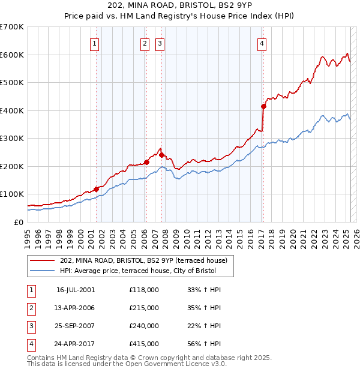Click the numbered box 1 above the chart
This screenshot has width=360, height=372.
(x=95, y=43)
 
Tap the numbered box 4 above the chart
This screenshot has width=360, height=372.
(x=262, y=43)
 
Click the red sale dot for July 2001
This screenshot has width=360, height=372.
(x=96, y=189)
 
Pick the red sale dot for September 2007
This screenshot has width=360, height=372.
(x=161, y=155)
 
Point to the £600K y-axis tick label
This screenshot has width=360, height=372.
(x=11, y=55)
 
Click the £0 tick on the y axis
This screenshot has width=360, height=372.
(x=19, y=222)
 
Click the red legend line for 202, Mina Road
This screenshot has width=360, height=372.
(x=43, y=260)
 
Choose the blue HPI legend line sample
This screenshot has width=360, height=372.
(x=43, y=271)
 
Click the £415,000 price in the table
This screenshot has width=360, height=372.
(x=144, y=344)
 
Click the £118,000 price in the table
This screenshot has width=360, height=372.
(x=144, y=290)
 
